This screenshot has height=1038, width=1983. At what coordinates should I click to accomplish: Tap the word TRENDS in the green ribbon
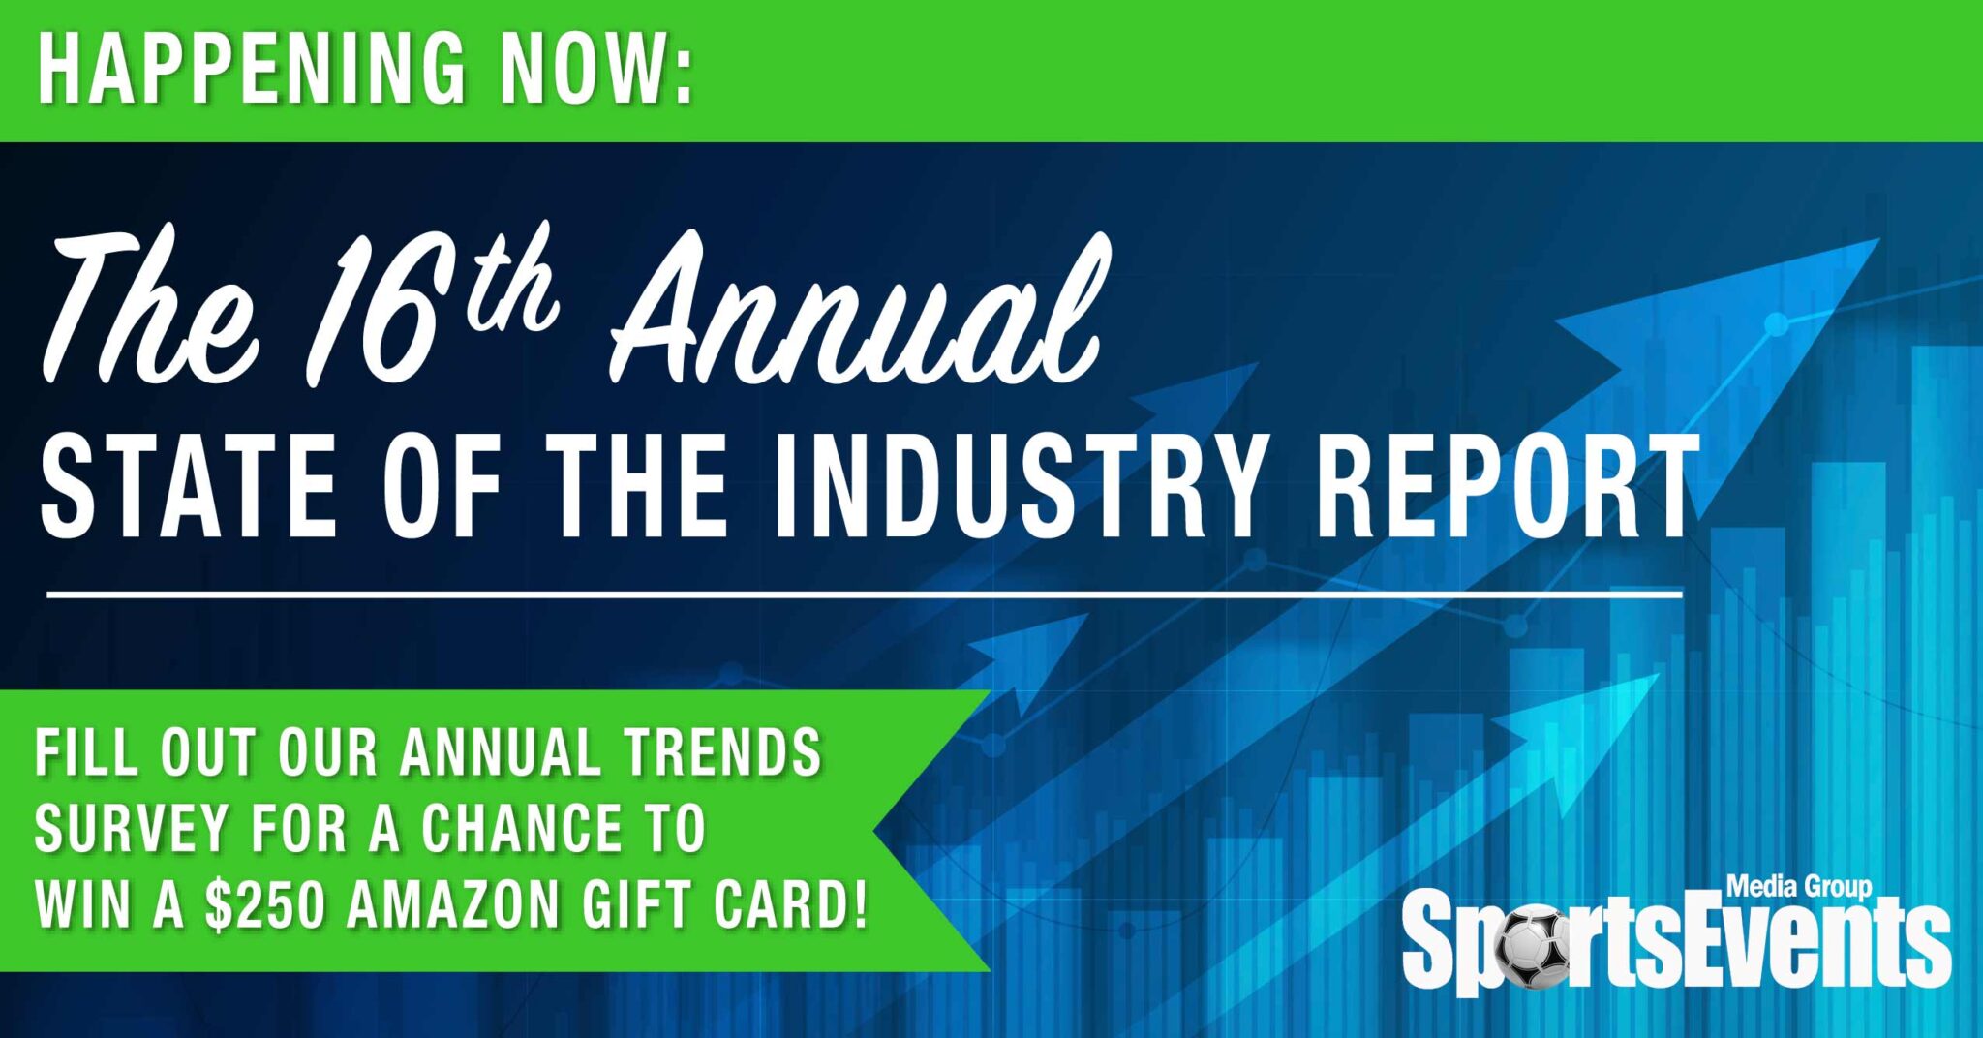[721, 752]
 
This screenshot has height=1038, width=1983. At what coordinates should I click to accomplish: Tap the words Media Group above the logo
[1799, 887]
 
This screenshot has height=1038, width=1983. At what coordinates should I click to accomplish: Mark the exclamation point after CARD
[861, 904]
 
